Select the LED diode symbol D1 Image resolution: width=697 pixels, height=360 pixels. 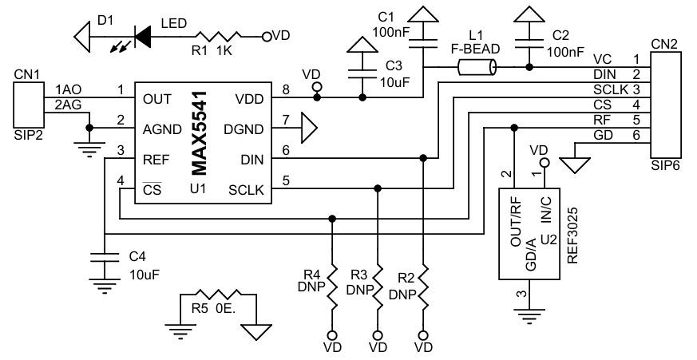point(142,35)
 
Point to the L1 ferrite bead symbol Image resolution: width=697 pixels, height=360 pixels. point(477,69)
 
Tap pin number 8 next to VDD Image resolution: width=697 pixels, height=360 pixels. point(286,89)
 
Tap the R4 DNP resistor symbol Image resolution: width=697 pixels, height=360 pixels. point(331,288)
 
